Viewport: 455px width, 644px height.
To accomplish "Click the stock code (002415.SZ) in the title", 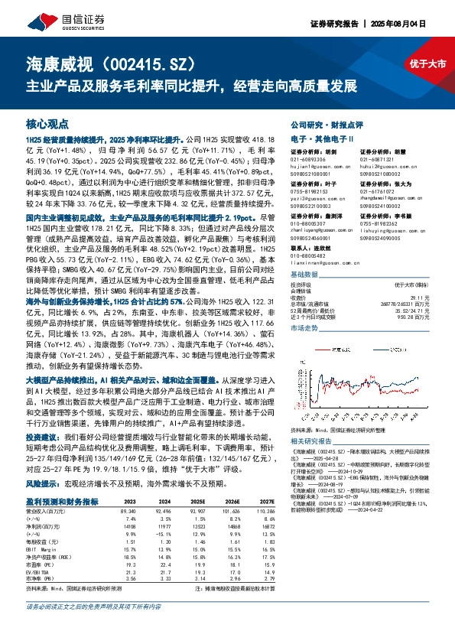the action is pos(153,64).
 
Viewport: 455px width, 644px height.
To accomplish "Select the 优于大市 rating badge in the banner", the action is pos(430,64).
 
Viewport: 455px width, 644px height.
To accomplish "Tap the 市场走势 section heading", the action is pos(304,327).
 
